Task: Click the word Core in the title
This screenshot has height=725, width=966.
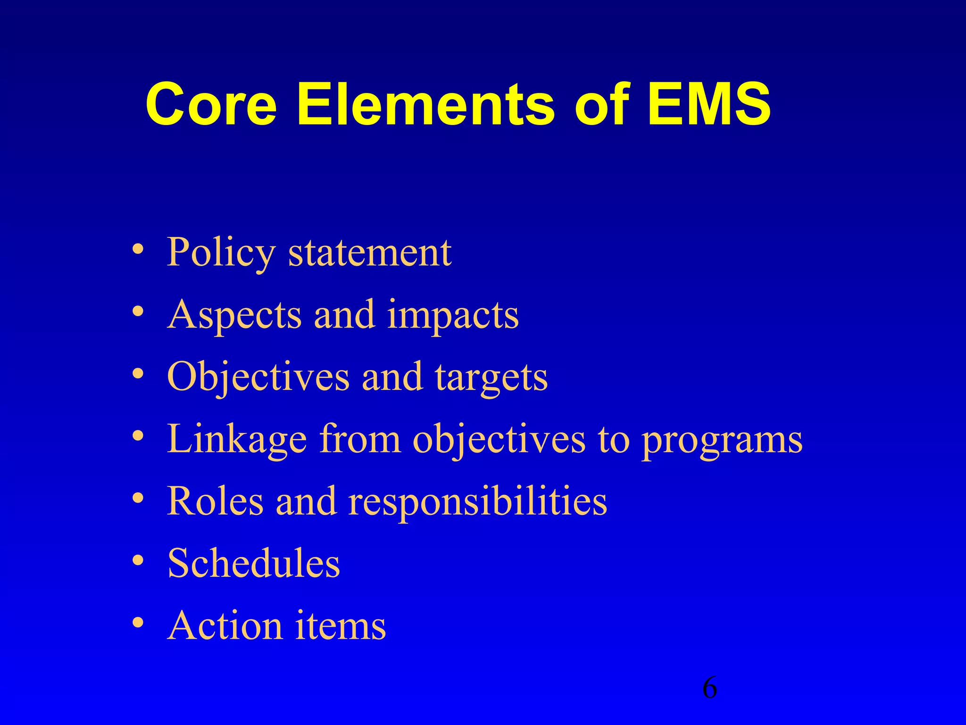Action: [211, 105]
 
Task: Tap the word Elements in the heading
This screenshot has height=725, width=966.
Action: [425, 105]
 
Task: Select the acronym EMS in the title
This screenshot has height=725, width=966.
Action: [709, 105]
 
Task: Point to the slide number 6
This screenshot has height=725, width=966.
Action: [709, 688]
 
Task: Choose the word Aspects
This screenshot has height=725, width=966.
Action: [234, 315]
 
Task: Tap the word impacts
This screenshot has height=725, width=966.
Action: [453, 315]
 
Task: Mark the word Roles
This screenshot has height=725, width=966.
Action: [216, 501]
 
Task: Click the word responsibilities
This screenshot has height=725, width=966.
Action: [477, 502]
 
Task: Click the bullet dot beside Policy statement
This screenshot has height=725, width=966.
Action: [138, 249]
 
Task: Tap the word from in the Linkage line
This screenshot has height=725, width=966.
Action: [360, 439]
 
